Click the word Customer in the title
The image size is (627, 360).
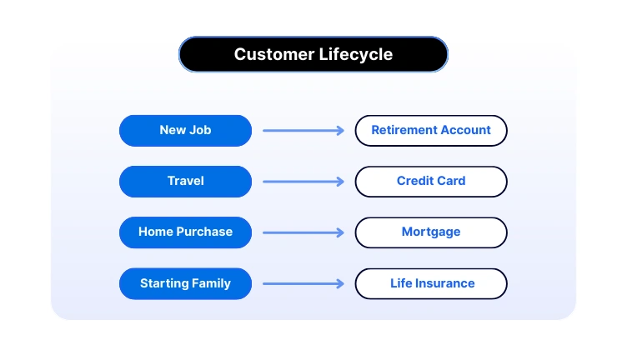click(273, 55)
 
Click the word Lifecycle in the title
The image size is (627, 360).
click(356, 55)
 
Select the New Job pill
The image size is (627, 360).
click(185, 130)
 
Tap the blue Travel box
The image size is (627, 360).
click(185, 181)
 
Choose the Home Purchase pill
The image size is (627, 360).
click(185, 232)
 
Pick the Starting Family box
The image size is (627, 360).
click(185, 283)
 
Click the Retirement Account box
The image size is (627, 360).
click(431, 130)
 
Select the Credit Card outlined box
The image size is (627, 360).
click(431, 181)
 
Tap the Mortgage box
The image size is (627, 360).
click(431, 232)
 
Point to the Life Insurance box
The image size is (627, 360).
click(431, 283)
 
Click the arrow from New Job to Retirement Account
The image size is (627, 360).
click(303, 130)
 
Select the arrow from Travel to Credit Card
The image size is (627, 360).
click(303, 181)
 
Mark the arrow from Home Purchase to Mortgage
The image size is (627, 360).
click(303, 232)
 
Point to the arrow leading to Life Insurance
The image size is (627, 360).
click(303, 283)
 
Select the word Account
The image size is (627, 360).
click(467, 130)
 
